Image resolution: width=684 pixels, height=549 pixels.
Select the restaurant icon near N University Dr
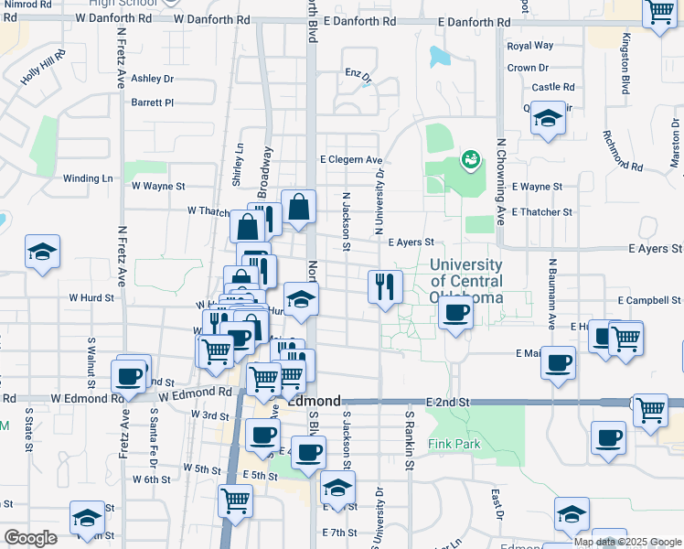coord(385,286)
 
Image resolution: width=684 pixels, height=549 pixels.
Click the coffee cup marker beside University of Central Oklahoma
coord(454,315)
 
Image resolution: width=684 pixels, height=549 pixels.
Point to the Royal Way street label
coord(530,46)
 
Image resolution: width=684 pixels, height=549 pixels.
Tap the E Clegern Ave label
coord(351,159)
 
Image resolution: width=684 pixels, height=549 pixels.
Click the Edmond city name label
coord(315,402)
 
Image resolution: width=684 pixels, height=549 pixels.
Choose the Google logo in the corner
coord(30,538)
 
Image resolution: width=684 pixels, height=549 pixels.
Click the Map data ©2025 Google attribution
coord(628,542)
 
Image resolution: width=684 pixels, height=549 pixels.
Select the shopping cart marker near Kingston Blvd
coord(658,13)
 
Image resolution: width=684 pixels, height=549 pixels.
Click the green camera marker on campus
coord(472,160)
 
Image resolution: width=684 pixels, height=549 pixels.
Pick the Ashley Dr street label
coord(152,79)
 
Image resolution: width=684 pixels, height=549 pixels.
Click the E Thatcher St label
coord(542,211)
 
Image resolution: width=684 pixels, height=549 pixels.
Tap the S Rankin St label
coord(410,452)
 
